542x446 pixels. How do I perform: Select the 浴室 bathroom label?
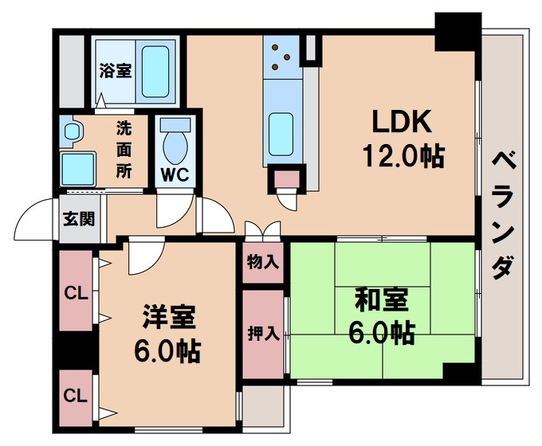pyautogui.click(x=116, y=70)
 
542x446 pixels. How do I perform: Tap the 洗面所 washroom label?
pyautogui.click(x=124, y=149)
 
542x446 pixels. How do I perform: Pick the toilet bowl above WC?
pyautogui.click(x=175, y=143)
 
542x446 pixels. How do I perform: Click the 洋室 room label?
pyautogui.click(x=170, y=317)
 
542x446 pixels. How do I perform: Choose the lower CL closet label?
pyautogui.click(x=76, y=396)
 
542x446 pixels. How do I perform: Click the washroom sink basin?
pyautogui.click(x=78, y=166)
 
